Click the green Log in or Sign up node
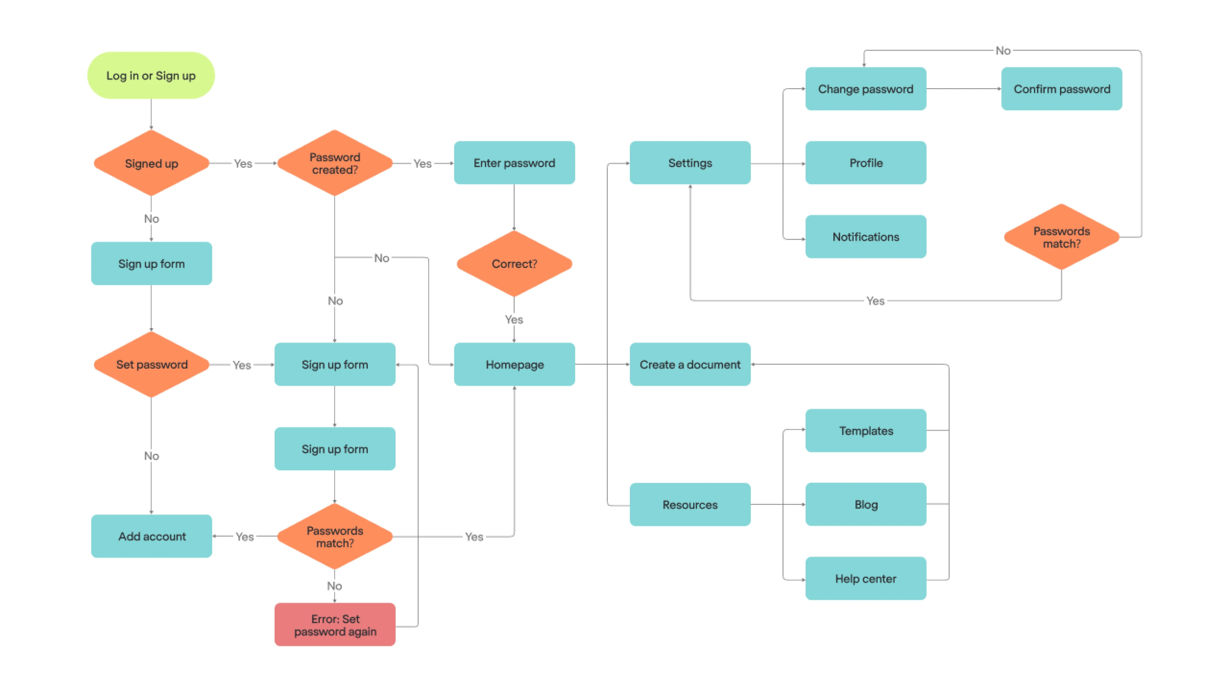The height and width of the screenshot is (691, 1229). [151, 75]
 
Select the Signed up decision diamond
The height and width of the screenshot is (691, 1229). [151, 163]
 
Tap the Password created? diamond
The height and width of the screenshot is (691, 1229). [334, 163]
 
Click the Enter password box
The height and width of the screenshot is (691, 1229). [514, 163]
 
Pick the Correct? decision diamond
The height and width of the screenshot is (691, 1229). [514, 263]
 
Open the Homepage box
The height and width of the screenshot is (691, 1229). [514, 364]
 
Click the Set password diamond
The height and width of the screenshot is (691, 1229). [151, 364]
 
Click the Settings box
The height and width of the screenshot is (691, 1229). [690, 163]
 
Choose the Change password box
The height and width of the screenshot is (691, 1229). [865, 89]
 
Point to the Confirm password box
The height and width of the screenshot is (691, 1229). [1061, 89]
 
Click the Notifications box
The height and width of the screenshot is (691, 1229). [865, 237]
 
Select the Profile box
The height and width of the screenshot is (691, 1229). [865, 163]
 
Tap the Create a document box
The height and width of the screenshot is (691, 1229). [690, 364]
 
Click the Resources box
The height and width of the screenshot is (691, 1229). [690, 504]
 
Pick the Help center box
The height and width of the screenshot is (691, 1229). [865, 578]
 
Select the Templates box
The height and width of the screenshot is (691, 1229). [865, 430]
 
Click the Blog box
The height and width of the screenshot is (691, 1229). [865, 504]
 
